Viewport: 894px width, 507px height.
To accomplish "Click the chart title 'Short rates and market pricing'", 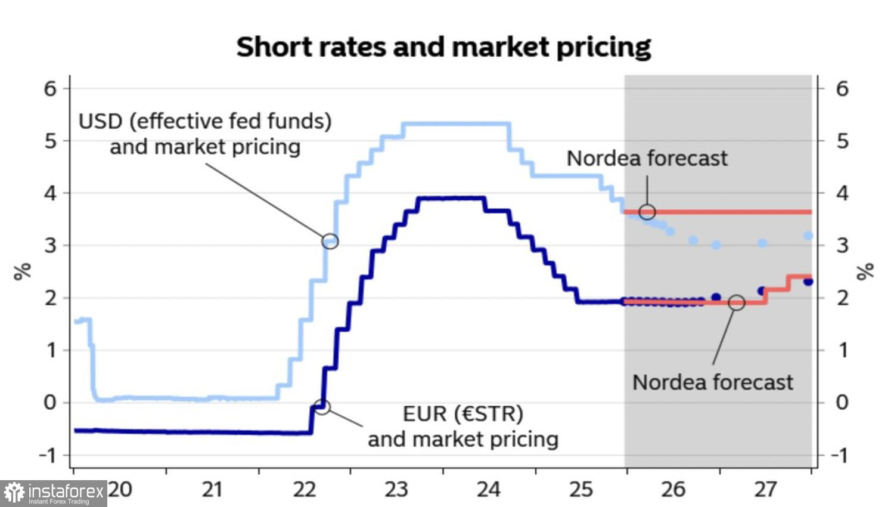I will pos(443,47).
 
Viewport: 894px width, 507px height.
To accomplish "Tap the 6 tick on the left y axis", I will pos(50,89).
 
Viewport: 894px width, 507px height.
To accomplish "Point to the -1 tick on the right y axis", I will pos(839,455).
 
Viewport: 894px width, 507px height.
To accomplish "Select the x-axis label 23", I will pos(396,490).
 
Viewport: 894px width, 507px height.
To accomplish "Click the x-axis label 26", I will pos(673,490).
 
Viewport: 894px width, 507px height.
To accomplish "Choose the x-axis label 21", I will pos(212,490).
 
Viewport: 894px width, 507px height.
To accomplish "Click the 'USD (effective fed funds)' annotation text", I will pos(205,122).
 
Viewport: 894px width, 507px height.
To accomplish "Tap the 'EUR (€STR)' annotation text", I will pos(462,413).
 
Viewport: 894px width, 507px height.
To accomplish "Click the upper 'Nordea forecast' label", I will pos(647,159).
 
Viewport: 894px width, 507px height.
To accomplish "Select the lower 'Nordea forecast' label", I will pos(712,382).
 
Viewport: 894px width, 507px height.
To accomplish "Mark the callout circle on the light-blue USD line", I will pos(330,241).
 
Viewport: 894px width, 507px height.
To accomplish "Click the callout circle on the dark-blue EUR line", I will pos(322,407).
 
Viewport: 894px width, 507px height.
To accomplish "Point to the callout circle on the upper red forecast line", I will pos(647,212).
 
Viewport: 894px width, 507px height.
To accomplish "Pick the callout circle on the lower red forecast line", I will pos(737,302).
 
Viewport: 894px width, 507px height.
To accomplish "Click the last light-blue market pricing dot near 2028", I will pos(808,236).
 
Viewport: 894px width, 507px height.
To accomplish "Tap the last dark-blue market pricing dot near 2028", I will pos(808,282).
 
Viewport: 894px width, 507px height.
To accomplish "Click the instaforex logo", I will pos(54,493).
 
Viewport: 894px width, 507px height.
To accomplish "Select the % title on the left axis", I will pos(23,271).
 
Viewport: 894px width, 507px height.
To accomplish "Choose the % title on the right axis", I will pos(865,271).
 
